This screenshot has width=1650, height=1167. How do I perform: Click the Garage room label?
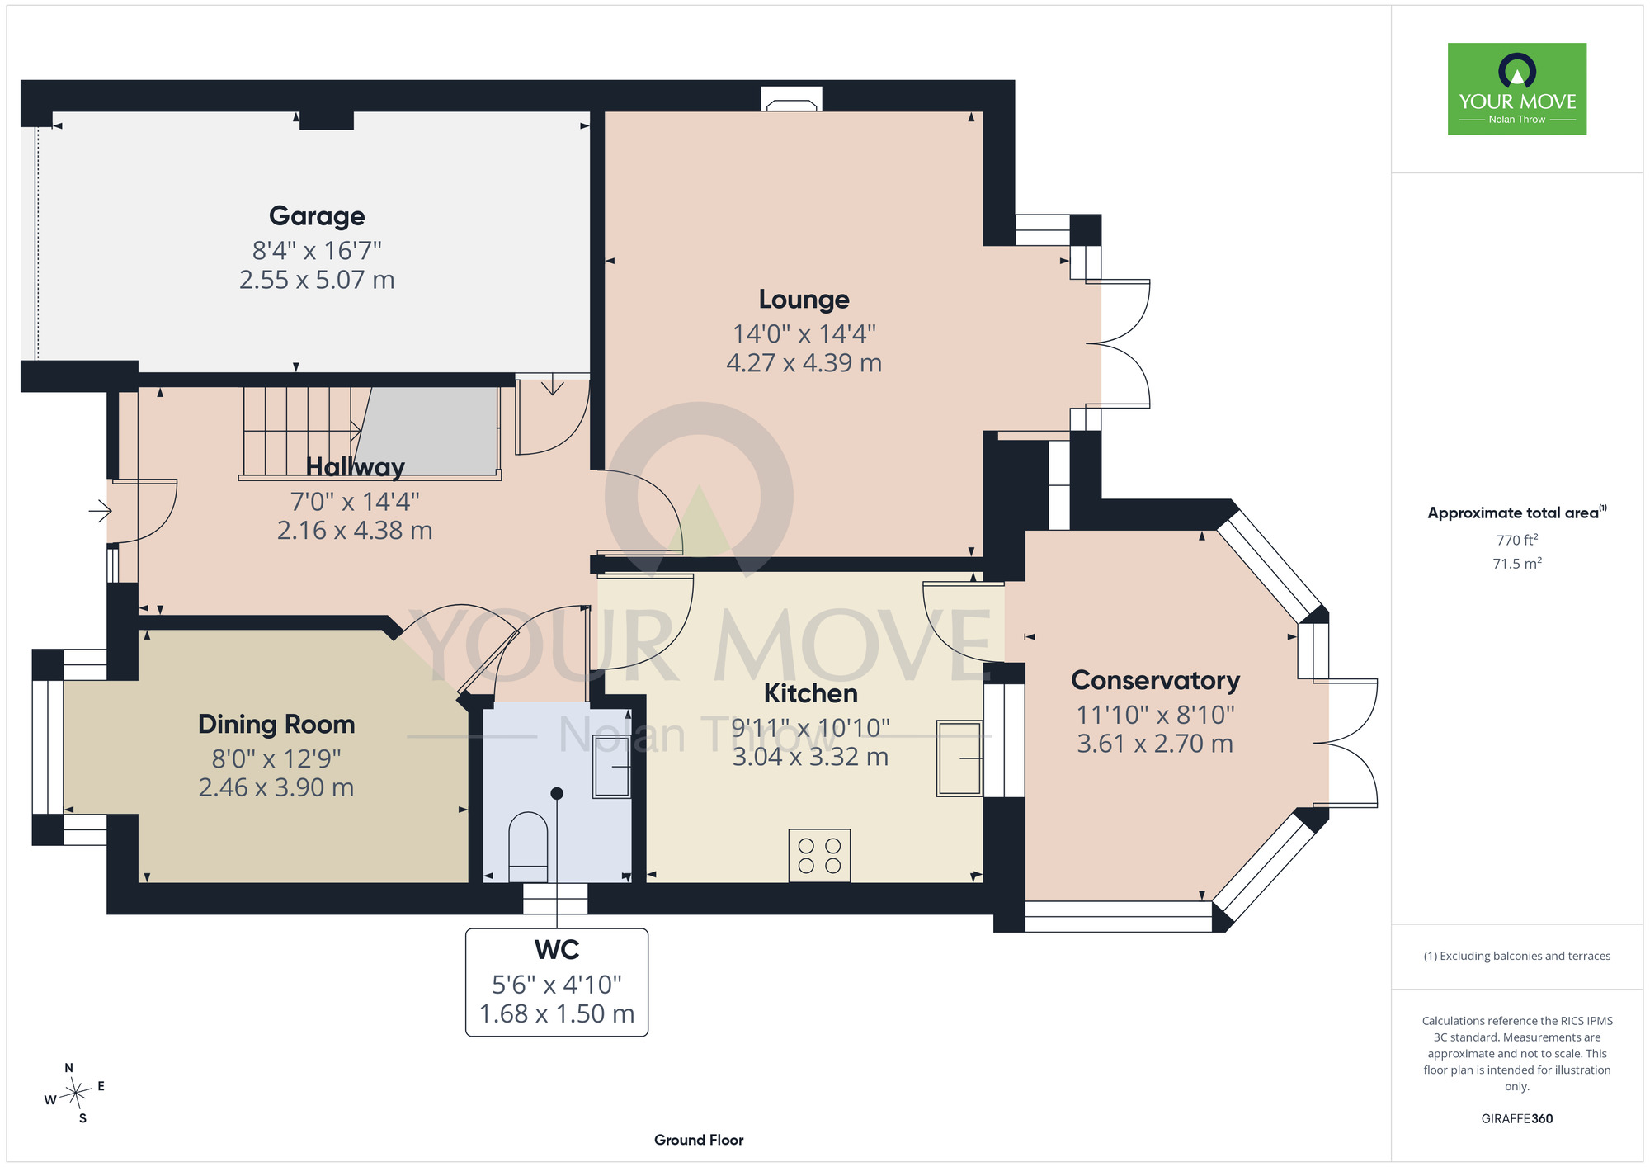click(317, 216)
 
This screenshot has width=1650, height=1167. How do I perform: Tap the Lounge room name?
click(804, 300)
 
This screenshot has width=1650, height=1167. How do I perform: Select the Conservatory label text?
click(1155, 680)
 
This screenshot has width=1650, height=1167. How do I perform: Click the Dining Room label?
click(276, 724)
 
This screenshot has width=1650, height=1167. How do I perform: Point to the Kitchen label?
click(811, 693)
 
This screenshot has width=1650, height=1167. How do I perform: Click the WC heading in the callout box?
click(557, 950)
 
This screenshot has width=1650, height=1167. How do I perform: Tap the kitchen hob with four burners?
click(819, 856)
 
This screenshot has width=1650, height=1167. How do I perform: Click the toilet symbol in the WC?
click(529, 847)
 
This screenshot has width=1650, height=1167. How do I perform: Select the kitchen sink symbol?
click(959, 758)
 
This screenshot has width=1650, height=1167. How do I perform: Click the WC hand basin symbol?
click(612, 767)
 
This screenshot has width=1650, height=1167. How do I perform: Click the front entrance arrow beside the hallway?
click(100, 512)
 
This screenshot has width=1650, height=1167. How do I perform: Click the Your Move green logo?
click(1517, 89)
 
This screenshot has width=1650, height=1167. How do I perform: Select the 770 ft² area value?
click(1517, 540)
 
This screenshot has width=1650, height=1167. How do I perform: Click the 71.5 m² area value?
click(1517, 563)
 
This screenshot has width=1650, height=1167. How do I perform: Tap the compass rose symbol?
click(75, 1094)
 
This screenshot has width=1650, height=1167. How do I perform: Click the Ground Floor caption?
click(699, 1140)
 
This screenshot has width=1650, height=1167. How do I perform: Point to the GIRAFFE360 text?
click(1517, 1119)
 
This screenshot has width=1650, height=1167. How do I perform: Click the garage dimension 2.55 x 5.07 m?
click(317, 280)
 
